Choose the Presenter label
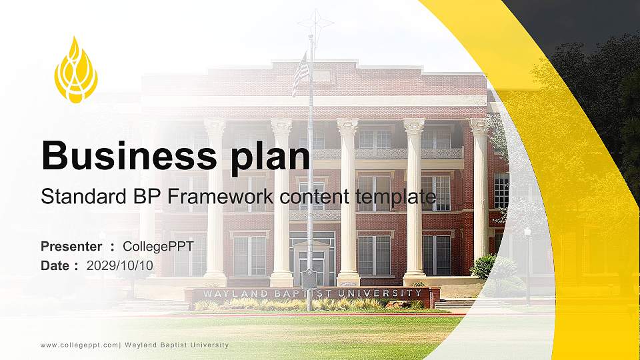tap(71, 247)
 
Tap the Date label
tap(55, 265)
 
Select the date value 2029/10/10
tap(120, 265)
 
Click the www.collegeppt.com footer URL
tap(79, 345)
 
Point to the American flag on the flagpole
tap(301, 73)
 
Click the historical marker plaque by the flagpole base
tap(309, 279)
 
